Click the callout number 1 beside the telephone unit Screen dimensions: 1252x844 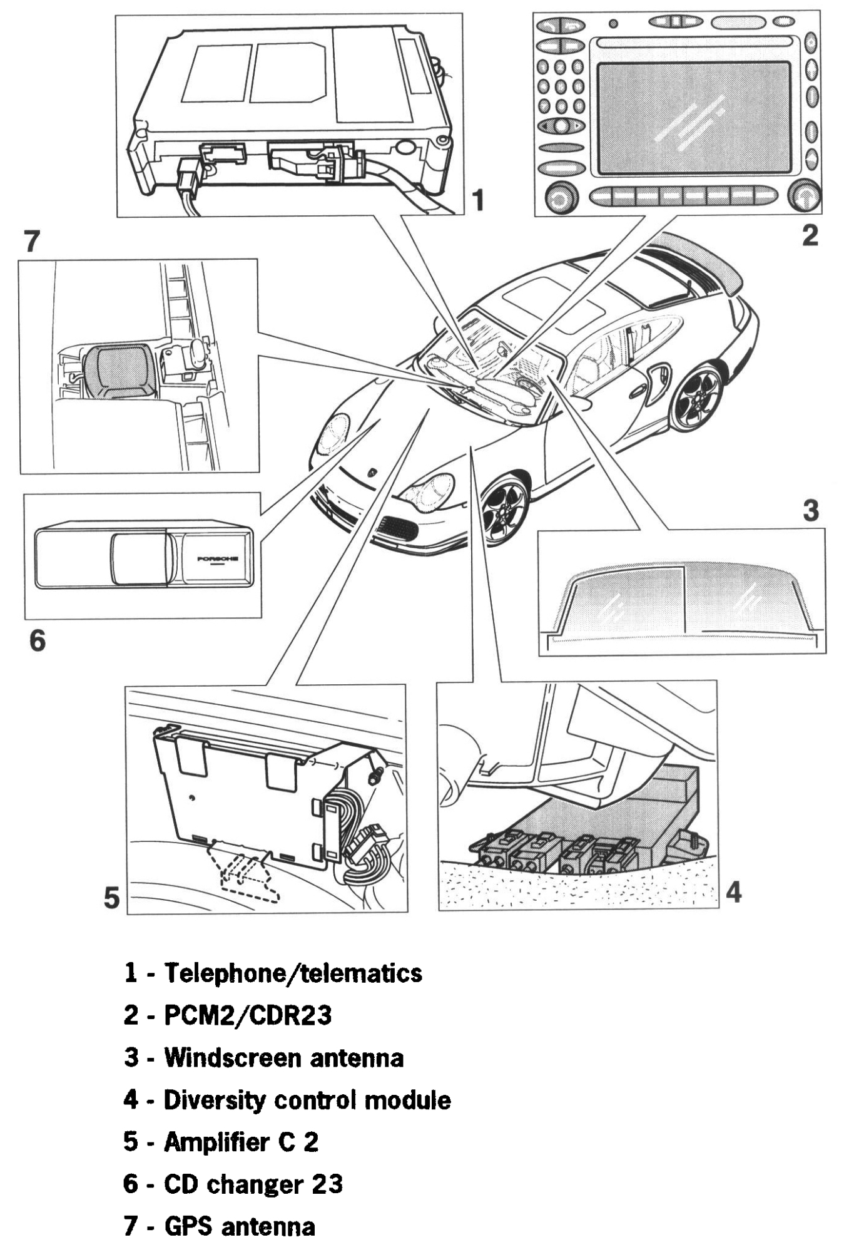coord(477,201)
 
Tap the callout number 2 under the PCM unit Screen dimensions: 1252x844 coord(810,236)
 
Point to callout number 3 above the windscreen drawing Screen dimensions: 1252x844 coord(811,511)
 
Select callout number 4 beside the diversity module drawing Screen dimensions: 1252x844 coord(734,892)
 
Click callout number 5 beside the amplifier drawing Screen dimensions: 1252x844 coord(111,899)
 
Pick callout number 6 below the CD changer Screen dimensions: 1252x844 coord(38,640)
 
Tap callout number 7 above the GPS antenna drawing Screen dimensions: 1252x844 coord(31,242)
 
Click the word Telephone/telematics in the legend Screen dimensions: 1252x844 coord(293,973)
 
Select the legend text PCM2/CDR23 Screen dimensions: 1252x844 coord(248,1015)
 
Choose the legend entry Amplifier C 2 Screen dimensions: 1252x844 coord(241,1142)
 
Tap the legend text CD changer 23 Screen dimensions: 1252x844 coord(253,1184)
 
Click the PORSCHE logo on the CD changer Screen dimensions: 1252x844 coord(217,558)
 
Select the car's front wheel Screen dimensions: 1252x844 coord(504,508)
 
